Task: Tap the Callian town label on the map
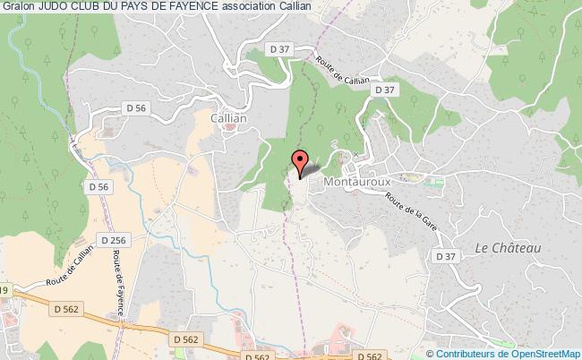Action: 227,116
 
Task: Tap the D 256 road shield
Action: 114,241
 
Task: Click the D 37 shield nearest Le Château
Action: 445,256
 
